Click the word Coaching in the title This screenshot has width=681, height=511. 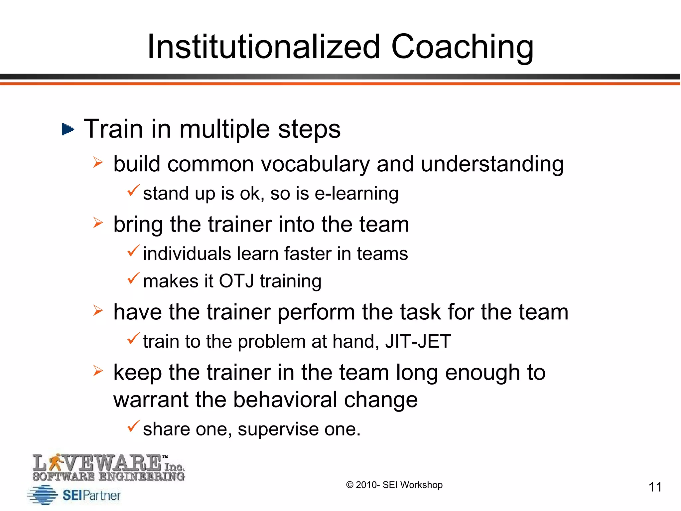click(x=462, y=47)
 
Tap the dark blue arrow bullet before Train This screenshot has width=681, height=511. click(x=68, y=129)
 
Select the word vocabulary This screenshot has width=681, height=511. click(x=315, y=164)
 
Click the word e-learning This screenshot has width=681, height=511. click(x=356, y=194)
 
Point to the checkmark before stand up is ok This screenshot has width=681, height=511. click(x=133, y=191)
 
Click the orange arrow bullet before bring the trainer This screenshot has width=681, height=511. click(x=98, y=223)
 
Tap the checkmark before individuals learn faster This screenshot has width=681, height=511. click(x=133, y=251)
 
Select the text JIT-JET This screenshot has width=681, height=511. click(x=418, y=342)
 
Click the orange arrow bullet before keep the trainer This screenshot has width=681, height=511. click(x=98, y=370)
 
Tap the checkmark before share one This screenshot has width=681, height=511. click(x=133, y=426)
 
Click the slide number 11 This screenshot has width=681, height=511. click(x=655, y=487)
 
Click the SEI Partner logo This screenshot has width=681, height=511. click(x=74, y=495)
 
